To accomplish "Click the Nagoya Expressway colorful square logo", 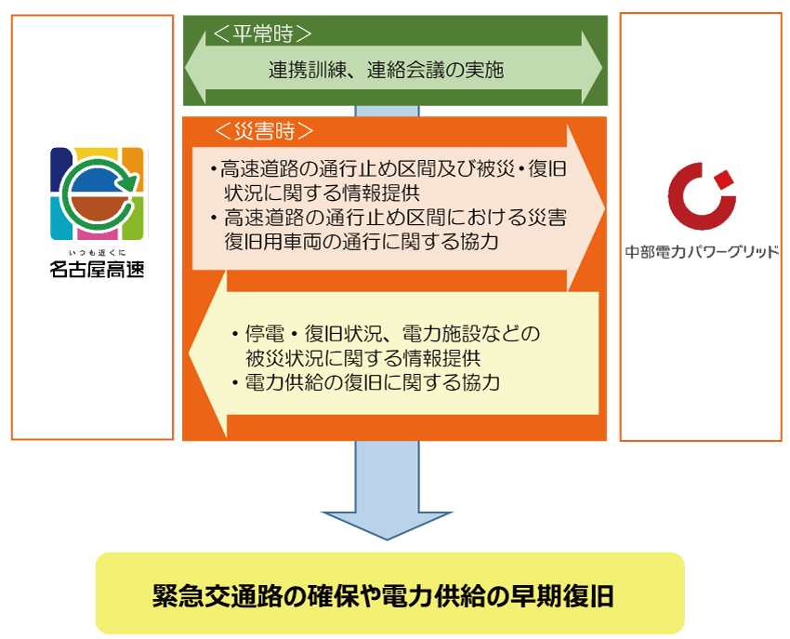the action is (x=99, y=193).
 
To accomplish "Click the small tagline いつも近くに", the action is (x=98, y=253).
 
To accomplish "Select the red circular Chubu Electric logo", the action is (x=702, y=195).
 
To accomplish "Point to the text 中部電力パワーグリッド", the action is (x=702, y=252).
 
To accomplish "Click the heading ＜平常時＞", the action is (x=262, y=34).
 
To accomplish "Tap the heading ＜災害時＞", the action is (x=264, y=131).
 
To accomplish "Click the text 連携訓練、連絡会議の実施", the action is (x=386, y=70).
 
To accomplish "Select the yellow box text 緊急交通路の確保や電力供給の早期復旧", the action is (x=383, y=596).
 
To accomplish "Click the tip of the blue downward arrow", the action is (x=387, y=539).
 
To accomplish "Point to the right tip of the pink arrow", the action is (x=605, y=207).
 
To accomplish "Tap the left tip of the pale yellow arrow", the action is (x=189, y=353).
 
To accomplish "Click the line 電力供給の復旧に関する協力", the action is (x=372, y=383).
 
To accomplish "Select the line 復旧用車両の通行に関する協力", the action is (x=362, y=242).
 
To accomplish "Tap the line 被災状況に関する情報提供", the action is (x=362, y=359).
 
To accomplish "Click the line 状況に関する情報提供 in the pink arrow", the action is (x=322, y=193).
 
